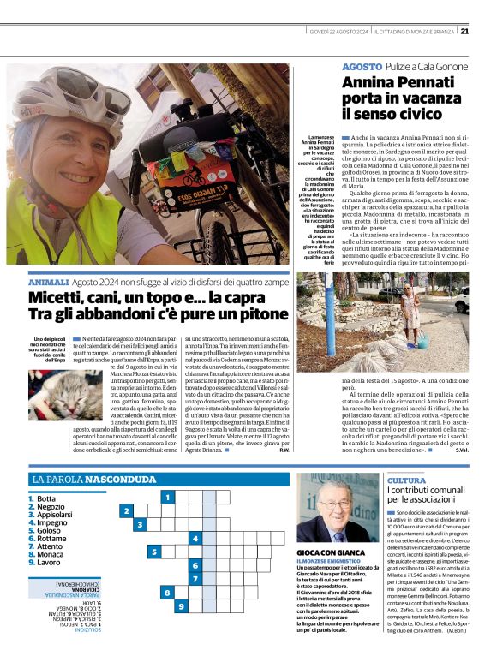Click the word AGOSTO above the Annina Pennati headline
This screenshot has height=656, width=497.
362,67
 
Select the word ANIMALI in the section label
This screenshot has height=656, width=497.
48,282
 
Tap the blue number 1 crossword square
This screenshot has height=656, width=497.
168,497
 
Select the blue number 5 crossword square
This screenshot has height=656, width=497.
153,552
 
